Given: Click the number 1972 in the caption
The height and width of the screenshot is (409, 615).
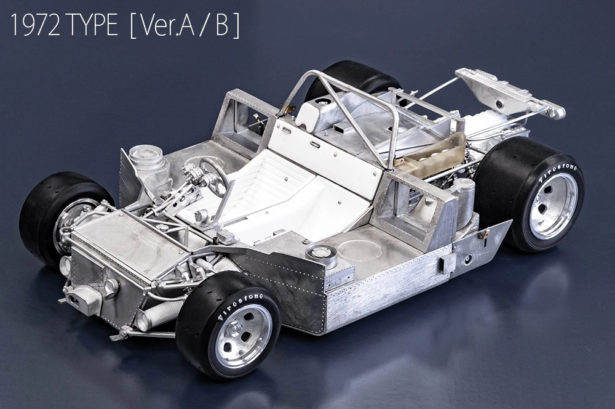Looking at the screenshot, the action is (x=35, y=25).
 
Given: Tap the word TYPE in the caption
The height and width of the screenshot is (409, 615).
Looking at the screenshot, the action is (x=93, y=25).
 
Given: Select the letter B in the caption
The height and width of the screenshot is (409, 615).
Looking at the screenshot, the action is (x=222, y=26).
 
